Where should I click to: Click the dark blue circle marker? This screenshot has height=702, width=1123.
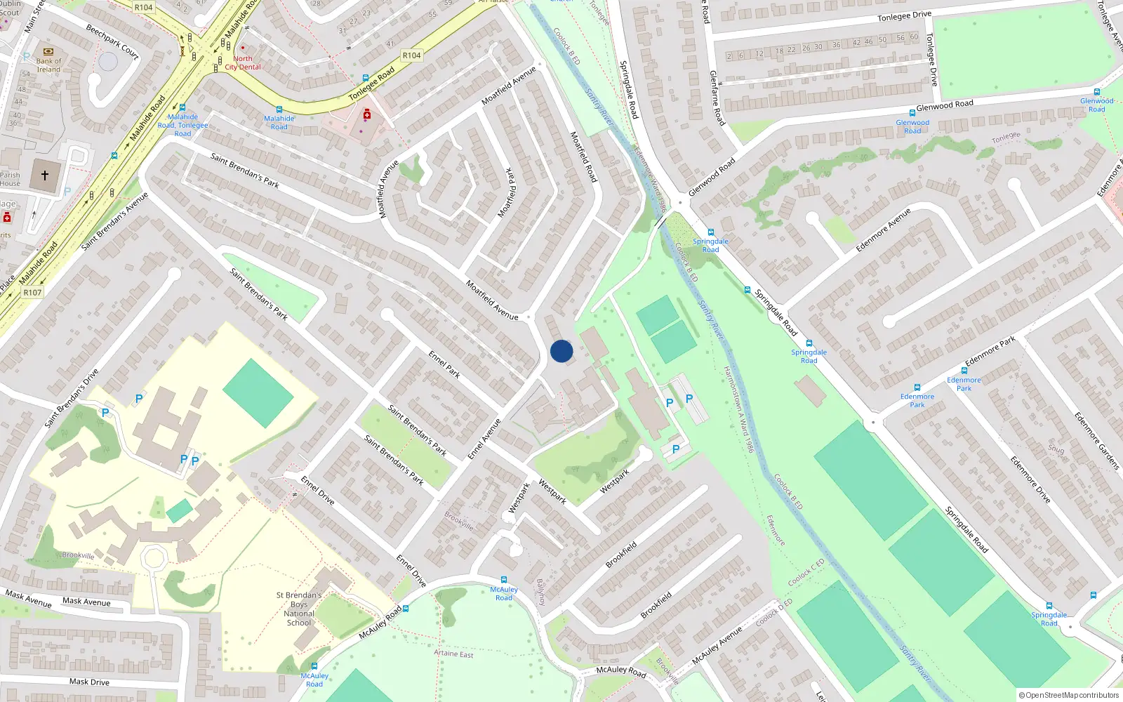pyautogui.click(x=561, y=351)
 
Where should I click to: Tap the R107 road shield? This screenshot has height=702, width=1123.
pyautogui.click(x=32, y=292)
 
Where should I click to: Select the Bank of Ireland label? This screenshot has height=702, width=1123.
pyautogui.click(x=48, y=65)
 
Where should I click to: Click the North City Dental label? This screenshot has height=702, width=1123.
pyautogui.click(x=243, y=63)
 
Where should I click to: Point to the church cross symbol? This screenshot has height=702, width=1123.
pyautogui.click(x=45, y=175)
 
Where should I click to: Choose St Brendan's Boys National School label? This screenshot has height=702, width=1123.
pyautogui.click(x=299, y=609)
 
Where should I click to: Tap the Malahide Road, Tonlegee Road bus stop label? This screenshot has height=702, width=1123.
pyautogui.click(x=182, y=125)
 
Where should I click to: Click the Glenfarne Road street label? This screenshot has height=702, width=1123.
pyautogui.click(x=716, y=98)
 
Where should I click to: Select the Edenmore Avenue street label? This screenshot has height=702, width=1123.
pyautogui.click(x=883, y=230)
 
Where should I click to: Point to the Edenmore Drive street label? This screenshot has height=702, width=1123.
pyautogui.click(x=1030, y=479)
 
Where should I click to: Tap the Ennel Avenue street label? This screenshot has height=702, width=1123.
pyautogui.click(x=485, y=439)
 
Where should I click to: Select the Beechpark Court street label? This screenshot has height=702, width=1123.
pyautogui.click(x=112, y=41)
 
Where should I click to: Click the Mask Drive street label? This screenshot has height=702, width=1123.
pyautogui.click(x=89, y=682)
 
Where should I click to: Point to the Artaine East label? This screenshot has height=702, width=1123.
pyautogui.click(x=453, y=654)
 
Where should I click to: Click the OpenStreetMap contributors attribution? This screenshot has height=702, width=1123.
pyautogui.click(x=1069, y=695)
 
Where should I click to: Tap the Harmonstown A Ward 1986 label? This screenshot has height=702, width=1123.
pyautogui.click(x=738, y=409)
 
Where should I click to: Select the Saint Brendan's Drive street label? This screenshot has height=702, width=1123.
pyautogui.click(x=72, y=398)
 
